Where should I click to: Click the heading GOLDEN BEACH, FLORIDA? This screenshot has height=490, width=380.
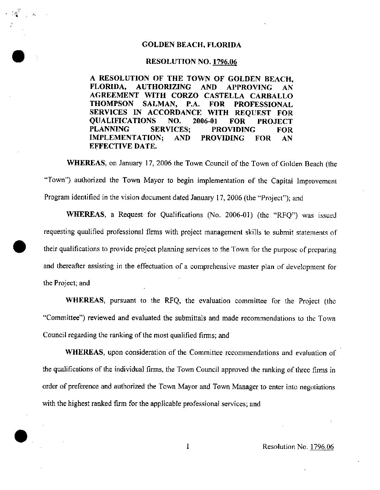pos(191,45)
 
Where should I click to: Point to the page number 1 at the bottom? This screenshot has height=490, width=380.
pos(188,446)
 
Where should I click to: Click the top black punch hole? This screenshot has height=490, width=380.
pos(18,56)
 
